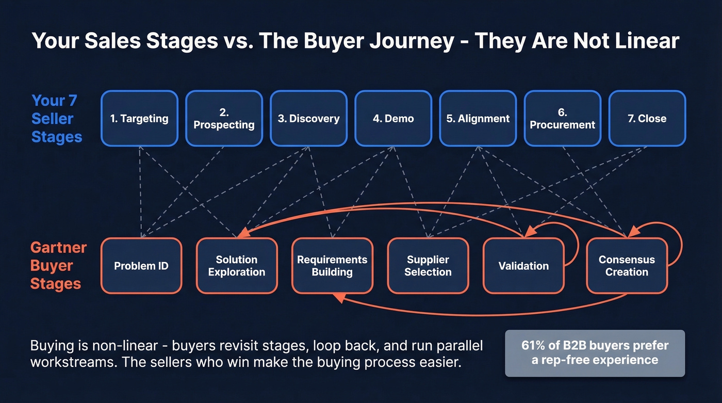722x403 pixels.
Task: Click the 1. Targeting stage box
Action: pos(139,119)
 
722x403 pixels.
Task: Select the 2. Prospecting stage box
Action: pos(224,119)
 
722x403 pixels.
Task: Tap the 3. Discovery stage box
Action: pos(308,119)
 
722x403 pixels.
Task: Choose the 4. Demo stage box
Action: pos(393,119)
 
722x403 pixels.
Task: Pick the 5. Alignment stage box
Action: pos(478,119)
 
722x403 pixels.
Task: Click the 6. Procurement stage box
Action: pos(562,119)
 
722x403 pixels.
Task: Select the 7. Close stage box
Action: pos(647,119)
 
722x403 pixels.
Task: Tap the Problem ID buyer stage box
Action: pos(141,266)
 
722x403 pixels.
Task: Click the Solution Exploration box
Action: pos(237,266)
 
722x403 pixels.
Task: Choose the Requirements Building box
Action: pos(332,266)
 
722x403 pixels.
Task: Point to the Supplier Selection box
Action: pos(428,266)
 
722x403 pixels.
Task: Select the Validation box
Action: pos(523,266)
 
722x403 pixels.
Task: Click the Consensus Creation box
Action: pos(627,266)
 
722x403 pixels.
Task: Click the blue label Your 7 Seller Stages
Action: pos(56,119)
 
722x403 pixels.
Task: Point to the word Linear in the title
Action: pos(648,41)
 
